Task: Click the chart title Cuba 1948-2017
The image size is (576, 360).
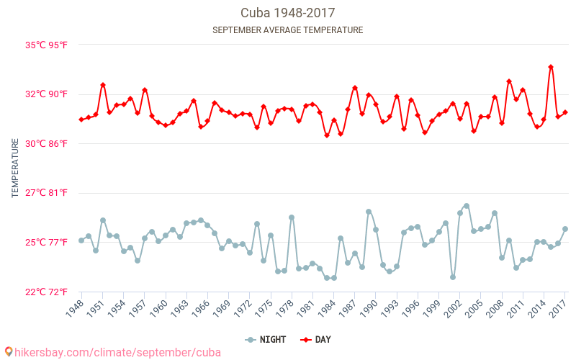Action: (287, 13)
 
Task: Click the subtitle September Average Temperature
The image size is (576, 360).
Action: (287, 30)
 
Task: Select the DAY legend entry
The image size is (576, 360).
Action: (315, 339)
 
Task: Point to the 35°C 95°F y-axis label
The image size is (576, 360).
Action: (47, 45)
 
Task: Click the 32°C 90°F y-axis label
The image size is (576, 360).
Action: (47, 94)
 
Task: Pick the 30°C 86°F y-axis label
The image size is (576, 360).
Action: (47, 143)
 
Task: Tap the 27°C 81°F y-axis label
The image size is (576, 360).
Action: (47, 193)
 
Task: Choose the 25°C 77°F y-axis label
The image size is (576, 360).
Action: (47, 243)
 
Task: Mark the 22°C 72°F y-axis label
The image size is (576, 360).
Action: (47, 292)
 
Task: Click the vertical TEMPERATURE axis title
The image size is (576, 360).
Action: (15, 168)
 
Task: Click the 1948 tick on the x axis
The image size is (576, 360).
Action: (75, 307)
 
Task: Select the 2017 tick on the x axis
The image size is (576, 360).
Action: (559, 307)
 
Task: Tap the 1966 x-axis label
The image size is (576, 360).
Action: (201, 307)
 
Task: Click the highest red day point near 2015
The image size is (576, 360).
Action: (551, 67)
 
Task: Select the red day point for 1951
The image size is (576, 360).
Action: (103, 85)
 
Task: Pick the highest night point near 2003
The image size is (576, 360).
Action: (467, 206)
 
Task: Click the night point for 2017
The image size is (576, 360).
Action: (565, 229)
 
